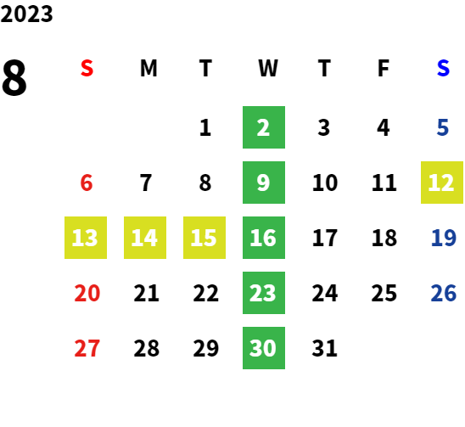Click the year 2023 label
click(26, 14)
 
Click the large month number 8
click(14, 77)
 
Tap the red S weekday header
click(87, 68)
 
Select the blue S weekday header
click(443, 68)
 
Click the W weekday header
click(268, 68)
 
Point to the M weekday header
click(148, 68)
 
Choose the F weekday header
click(384, 68)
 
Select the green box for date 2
click(264, 127)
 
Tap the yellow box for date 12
click(442, 183)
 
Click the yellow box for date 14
click(145, 238)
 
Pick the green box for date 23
click(264, 293)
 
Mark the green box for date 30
click(264, 348)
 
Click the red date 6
click(87, 183)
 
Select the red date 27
click(87, 348)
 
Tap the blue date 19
click(443, 238)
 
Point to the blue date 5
click(442, 127)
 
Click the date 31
click(324, 348)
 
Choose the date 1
click(205, 127)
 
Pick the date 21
click(146, 293)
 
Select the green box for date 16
click(264, 238)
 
